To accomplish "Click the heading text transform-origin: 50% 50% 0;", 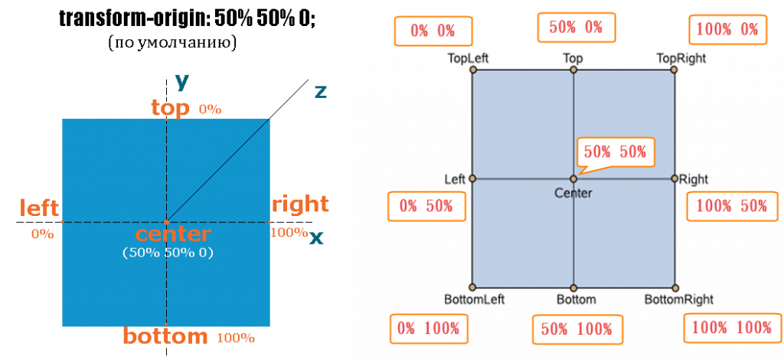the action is [x=188, y=18].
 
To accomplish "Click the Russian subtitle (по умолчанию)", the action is [x=172, y=41].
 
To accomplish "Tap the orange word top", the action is [x=170, y=108].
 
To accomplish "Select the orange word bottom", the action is [x=166, y=335].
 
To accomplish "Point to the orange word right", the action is [x=300, y=205].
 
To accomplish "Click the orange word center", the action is [x=172, y=234].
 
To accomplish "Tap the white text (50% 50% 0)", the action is [x=168, y=252].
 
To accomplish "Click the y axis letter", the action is [x=181, y=80].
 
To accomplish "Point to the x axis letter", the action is [x=316, y=237].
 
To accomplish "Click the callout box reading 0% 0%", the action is [x=433, y=31].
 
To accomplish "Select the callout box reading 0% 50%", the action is [x=426, y=205].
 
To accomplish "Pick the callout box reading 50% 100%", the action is [x=576, y=329].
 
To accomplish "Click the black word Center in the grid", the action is [x=573, y=193].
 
